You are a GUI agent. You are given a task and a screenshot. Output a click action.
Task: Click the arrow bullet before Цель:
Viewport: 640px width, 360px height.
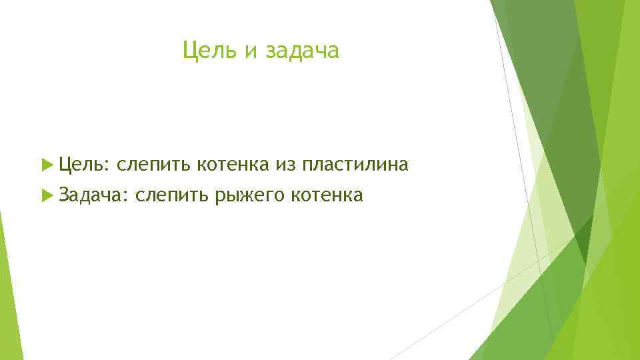46,164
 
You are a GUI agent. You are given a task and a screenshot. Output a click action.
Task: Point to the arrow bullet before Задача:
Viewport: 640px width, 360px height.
46,195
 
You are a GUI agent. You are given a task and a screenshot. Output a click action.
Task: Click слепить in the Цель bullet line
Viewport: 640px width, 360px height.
153,164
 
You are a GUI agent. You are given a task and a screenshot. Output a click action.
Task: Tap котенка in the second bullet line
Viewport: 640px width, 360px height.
326,195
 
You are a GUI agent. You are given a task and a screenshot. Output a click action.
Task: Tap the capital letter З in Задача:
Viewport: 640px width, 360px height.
64,195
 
